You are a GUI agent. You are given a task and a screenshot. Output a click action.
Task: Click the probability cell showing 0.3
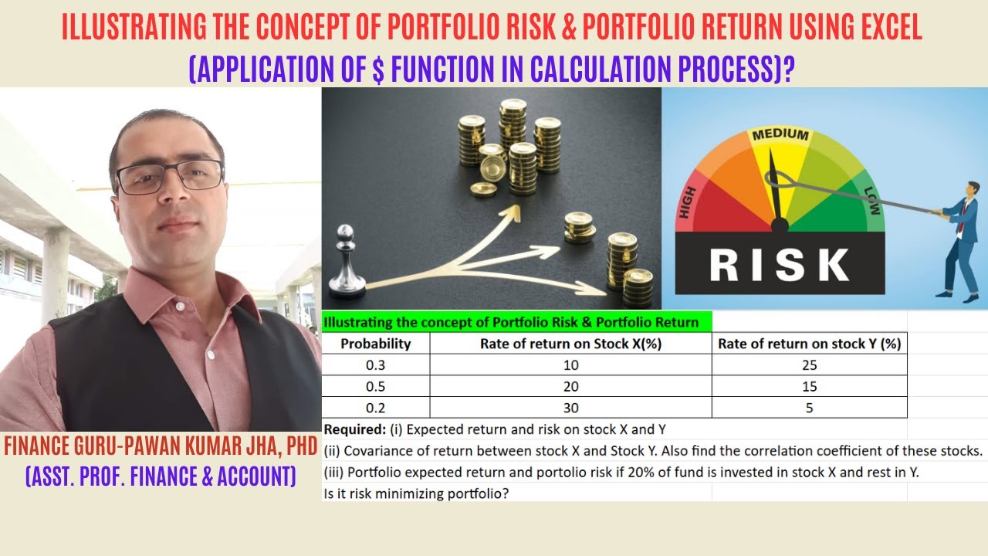coord(375,365)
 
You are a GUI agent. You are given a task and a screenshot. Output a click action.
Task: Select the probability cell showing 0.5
coord(375,386)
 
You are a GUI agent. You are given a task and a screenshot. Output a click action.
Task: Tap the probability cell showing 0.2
coord(375,408)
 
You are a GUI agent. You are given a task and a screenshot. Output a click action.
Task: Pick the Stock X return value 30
coord(571,408)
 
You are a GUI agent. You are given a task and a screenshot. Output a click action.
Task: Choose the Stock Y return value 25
coord(809,365)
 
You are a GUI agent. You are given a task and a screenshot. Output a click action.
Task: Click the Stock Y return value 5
coord(809,408)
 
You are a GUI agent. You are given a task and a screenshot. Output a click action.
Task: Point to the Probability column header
coord(375,344)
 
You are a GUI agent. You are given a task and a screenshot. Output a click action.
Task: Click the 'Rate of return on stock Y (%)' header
coord(809,344)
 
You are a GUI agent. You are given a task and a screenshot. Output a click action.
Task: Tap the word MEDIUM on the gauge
coord(780,136)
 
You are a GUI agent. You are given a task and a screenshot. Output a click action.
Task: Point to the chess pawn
coord(346,263)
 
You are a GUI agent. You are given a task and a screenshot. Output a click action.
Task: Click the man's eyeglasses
coord(170,176)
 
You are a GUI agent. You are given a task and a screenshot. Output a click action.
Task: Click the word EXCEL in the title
coord(886,29)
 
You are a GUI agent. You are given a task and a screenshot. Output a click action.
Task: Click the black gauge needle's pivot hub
coord(780,225)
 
